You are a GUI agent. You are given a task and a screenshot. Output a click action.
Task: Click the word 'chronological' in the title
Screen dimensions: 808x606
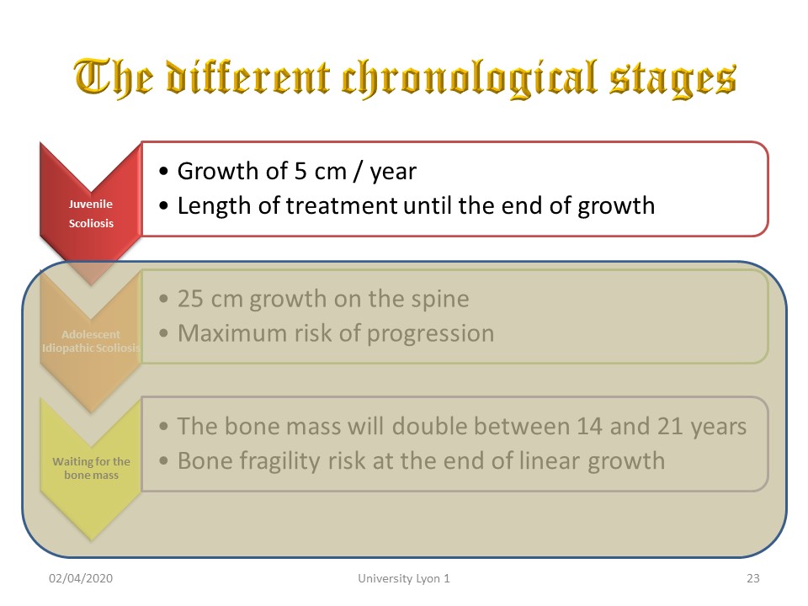(x=469, y=78)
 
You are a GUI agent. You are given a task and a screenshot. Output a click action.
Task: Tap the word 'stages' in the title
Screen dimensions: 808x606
(x=672, y=81)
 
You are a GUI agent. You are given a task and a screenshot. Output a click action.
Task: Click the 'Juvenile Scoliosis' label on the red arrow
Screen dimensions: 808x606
(x=91, y=213)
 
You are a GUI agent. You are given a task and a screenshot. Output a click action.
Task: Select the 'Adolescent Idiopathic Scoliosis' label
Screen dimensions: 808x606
(x=91, y=341)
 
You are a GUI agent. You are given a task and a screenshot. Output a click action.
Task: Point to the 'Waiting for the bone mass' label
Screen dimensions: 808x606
(x=91, y=468)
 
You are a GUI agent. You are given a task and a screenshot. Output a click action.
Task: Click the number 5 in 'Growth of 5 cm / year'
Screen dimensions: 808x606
(x=300, y=171)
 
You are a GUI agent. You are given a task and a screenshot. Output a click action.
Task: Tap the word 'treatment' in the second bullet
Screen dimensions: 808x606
(x=341, y=205)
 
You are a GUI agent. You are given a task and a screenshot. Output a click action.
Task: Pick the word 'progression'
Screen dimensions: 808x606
(x=430, y=334)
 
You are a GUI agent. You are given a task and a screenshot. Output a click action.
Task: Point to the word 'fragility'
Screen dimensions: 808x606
(x=277, y=462)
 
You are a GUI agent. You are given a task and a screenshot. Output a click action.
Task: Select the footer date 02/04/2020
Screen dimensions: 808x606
(x=81, y=578)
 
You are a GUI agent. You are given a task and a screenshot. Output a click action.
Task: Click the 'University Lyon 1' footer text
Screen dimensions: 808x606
(x=403, y=578)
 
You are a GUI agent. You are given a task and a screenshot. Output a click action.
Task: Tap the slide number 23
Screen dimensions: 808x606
(x=752, y=578)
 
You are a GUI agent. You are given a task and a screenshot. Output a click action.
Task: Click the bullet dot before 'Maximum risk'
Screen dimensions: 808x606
(x=164, y=333)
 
